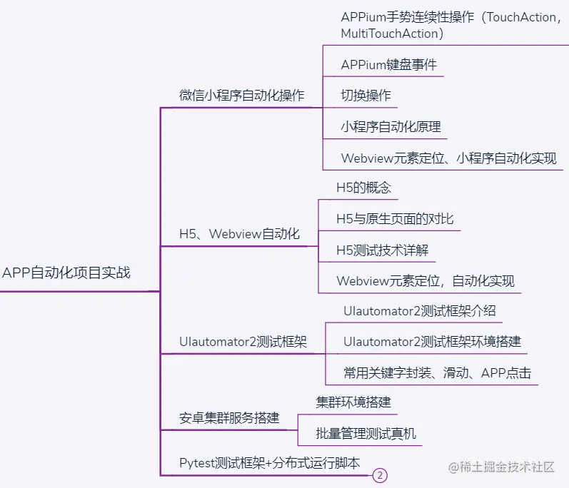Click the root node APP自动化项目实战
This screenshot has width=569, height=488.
coord(66,273)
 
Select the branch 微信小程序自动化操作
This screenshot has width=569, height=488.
coord(241,95)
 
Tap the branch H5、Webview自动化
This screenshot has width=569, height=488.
coord(239,234)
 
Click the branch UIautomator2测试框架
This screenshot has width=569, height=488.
coord(243,342)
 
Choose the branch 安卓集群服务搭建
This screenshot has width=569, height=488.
coord(229,418)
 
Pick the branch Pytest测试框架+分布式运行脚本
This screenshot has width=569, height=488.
coord(269,463)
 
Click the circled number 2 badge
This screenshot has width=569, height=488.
coord(381,476)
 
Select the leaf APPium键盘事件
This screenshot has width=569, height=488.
coord(388,65)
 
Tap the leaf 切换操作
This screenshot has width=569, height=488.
coord(366,96)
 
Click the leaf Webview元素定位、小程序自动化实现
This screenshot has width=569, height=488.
coord(448,158)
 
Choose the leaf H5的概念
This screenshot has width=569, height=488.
coord(363,188)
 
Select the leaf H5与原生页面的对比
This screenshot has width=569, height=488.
coord(395,219)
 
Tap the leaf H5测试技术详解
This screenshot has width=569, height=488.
coord(382,250)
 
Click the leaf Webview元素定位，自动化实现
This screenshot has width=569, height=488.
coord(425,281)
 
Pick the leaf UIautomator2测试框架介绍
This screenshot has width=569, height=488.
coord(419,311)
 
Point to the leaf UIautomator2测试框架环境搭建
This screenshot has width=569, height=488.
coord(432,342)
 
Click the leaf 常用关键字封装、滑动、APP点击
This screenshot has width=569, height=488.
coord(437,372)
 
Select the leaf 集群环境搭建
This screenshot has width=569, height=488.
coord(353,402)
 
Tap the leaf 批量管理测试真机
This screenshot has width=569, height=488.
coord(366,433)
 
